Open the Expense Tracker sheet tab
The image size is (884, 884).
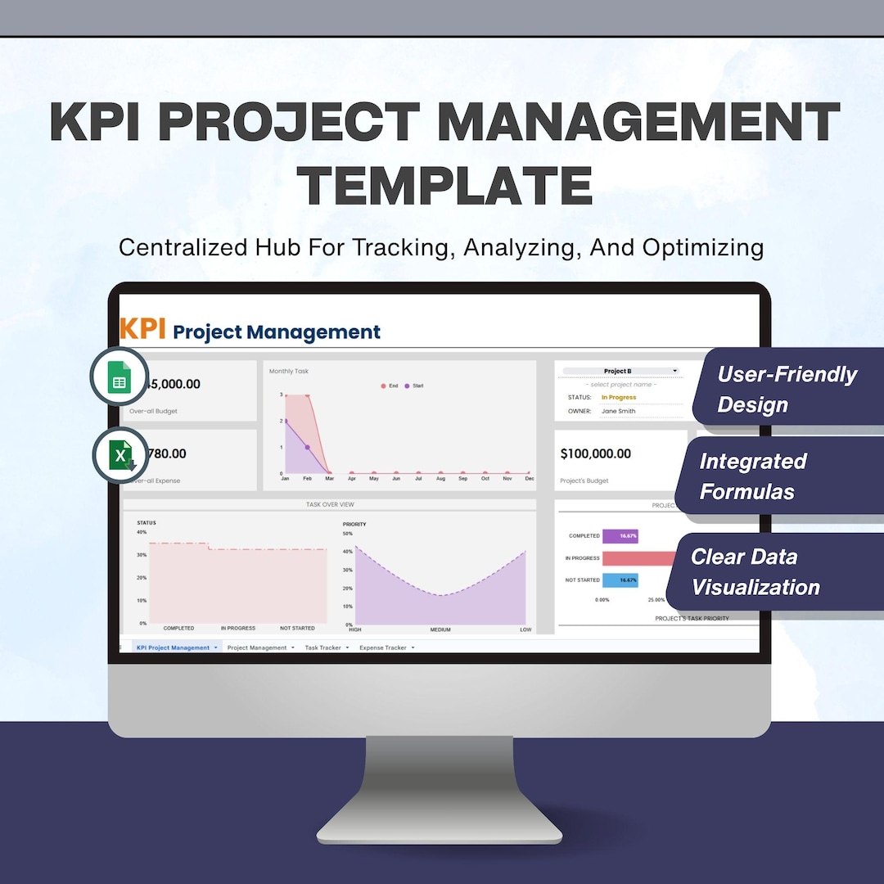coord(384,647)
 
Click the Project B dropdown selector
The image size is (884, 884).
coord(620,372)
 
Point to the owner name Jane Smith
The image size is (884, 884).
coord(618,411)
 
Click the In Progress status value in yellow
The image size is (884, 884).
coord(618,398)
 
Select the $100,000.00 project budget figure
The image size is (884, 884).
coord(595,453)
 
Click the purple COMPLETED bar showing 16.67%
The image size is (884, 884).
coord(620,536)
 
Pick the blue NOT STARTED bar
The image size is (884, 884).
coord(620,580)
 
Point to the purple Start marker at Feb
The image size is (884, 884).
coord(308,447)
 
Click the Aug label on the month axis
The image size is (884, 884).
coord(440,479)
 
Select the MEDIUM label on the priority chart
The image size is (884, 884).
coord(440,629)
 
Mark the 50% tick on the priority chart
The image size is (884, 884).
coord(347,533)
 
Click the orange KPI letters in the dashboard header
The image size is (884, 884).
coord(142,329)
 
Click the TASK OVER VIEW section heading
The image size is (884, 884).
coord(330,504)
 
